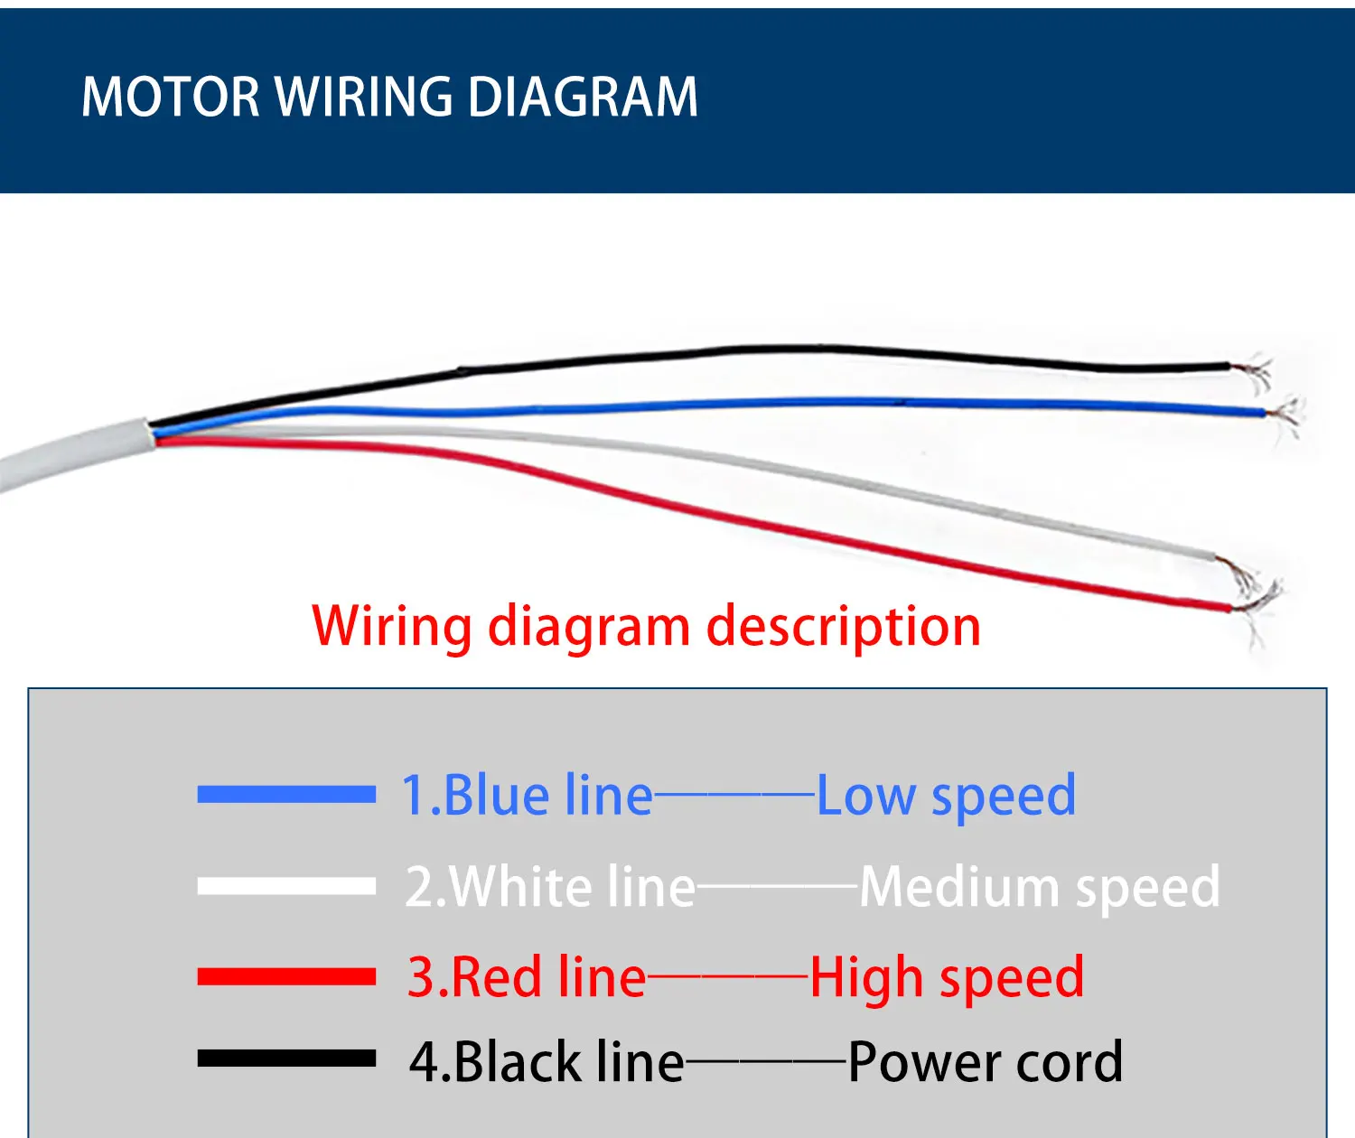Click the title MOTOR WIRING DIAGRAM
(389, 97)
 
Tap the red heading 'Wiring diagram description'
(646, 626)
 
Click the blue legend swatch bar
(286, 795)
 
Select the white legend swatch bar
(286, 886)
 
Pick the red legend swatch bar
(286, 976)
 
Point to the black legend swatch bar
(286, 1059)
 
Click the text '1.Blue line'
(527, 796)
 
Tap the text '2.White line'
(550, 887)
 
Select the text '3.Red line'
(527, 977)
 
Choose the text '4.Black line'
(547, 1061)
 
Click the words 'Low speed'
(946, 797)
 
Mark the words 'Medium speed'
(1040, 887)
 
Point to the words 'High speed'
(947, 978)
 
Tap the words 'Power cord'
(986, 1061)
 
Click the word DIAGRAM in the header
(584, 97)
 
